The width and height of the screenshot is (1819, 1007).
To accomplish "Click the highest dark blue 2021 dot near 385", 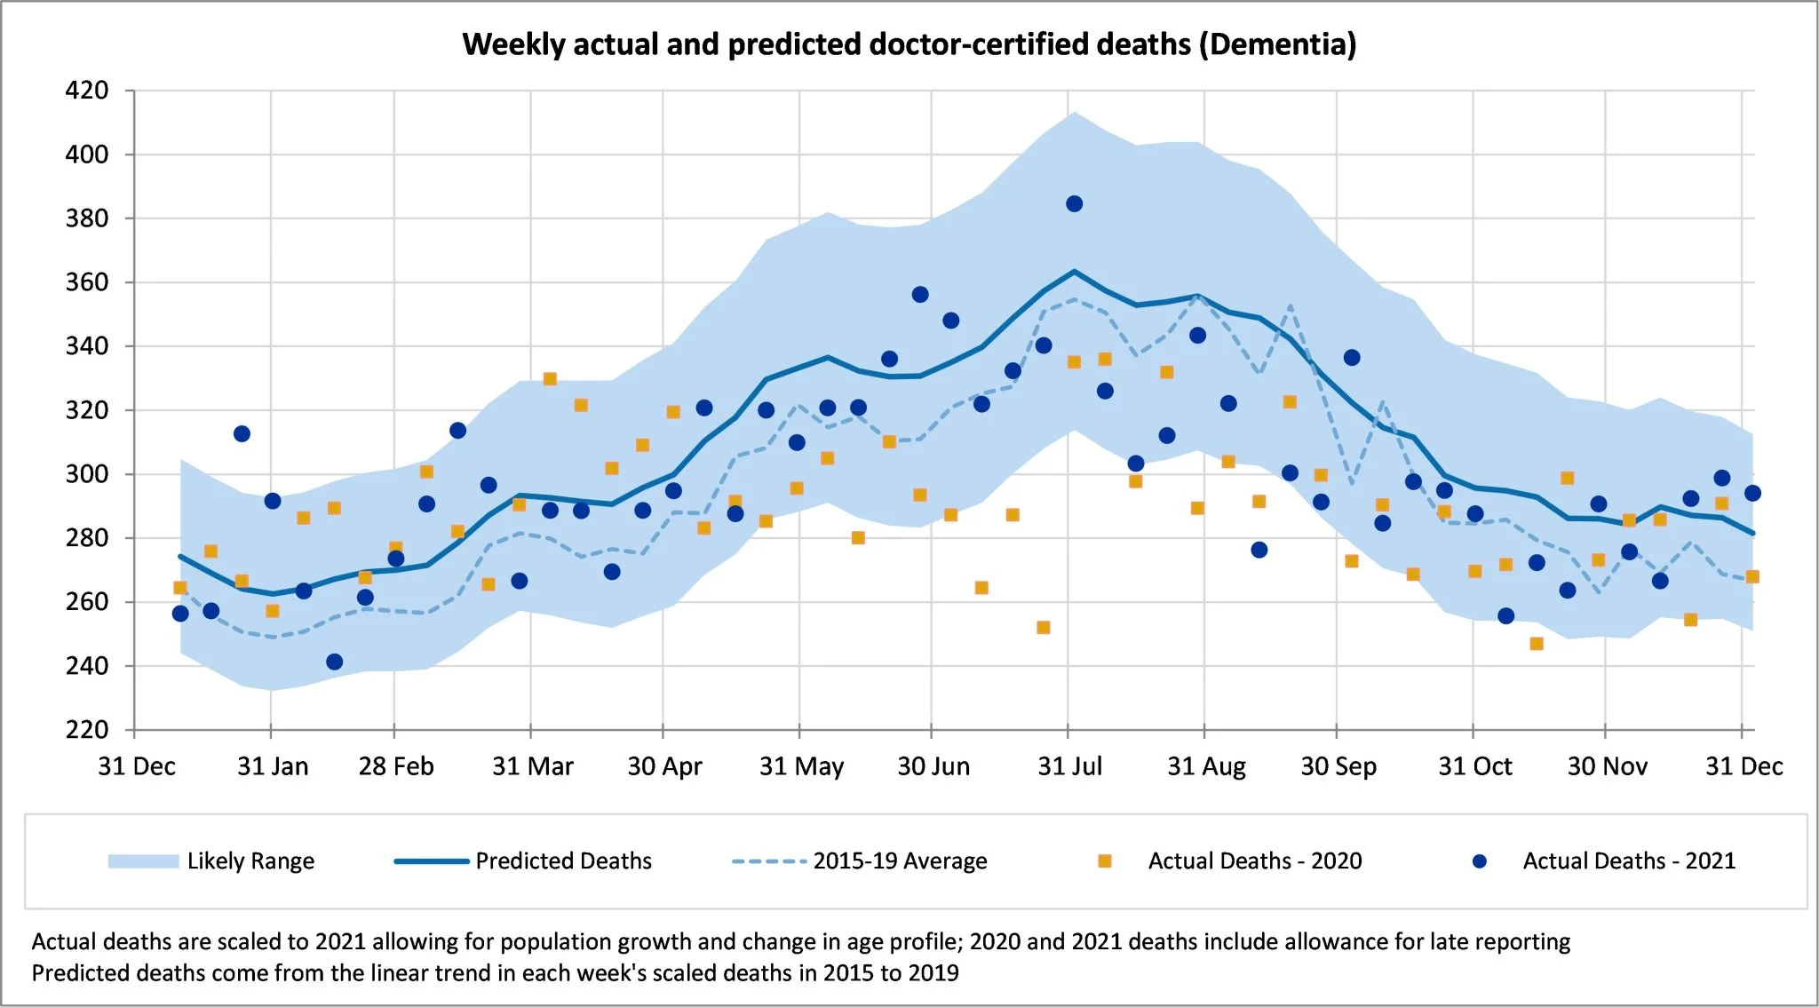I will (1074, 204).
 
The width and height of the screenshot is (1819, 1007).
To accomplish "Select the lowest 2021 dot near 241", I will (334, 662).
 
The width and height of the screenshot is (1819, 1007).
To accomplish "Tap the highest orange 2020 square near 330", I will (550, 379).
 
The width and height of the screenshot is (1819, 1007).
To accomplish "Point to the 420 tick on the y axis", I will (87, 91).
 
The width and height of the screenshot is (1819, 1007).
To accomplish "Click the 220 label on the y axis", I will (87, 730).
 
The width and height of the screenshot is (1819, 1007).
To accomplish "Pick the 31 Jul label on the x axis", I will (1069, 766).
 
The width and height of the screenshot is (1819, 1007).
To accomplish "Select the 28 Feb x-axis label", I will (396, 766).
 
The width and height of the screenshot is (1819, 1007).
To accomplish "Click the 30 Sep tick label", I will (1338, 766).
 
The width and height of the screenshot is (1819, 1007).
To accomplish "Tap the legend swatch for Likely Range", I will (143, 861).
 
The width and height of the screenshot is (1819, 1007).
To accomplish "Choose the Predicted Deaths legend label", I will (563, 861).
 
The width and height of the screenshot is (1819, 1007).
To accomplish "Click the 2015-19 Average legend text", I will (900, 861).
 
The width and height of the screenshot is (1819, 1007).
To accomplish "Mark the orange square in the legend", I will (1105, 861).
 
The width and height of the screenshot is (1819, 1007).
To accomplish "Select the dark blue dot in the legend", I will (1480, 861).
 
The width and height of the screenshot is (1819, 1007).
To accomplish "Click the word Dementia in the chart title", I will (1277, 44).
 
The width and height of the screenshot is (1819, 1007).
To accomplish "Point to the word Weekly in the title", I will (513, 44).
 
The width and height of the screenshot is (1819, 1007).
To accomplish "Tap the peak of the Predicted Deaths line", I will (1074, 271).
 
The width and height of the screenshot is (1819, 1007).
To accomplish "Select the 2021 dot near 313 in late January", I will (242, 433).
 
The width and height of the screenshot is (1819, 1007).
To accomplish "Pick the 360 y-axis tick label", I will (87, 282).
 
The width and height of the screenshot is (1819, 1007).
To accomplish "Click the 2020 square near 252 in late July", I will (1044, 628).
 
